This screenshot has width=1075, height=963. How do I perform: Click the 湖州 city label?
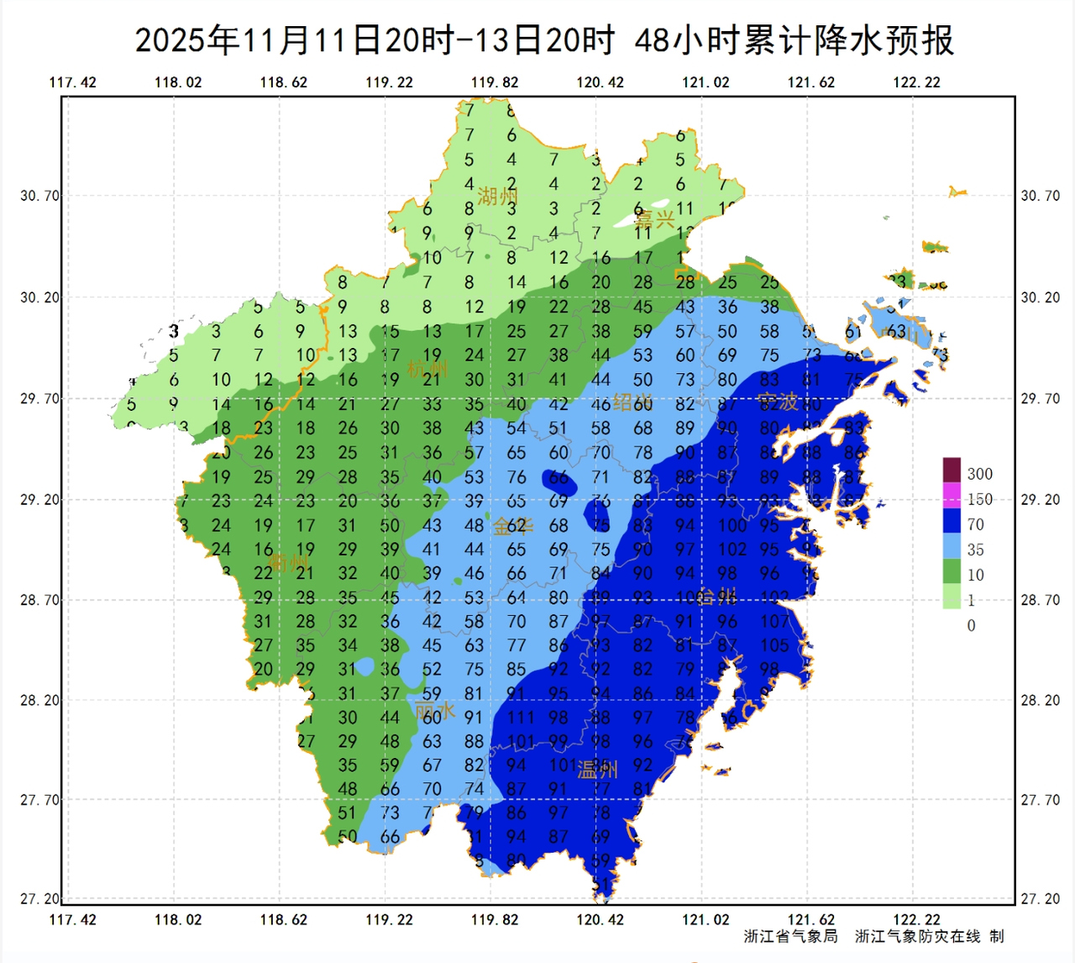497,197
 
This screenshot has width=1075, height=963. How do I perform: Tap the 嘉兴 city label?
654,220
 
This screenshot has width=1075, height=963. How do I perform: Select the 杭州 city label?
427,369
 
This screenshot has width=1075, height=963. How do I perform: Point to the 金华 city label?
512,527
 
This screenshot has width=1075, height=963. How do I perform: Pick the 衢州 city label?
288,561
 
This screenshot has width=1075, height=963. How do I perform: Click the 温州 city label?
597,770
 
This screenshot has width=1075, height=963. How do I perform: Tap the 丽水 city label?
435,711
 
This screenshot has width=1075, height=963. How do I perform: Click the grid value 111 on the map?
520,718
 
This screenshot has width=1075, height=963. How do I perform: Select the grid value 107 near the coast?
774,622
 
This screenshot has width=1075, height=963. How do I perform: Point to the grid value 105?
774,645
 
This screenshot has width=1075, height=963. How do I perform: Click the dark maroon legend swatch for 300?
951,470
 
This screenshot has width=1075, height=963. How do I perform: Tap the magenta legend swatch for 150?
951,496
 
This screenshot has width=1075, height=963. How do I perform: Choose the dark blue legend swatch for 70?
951,522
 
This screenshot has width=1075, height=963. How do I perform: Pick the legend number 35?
975,550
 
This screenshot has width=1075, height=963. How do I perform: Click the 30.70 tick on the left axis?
40,196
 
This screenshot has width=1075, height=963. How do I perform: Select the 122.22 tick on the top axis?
916,82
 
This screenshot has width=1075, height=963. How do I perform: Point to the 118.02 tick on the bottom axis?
178,919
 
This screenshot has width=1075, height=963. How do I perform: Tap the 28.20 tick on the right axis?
1040,700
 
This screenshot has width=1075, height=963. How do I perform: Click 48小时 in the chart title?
687,40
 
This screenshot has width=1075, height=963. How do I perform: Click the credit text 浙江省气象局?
790,936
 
